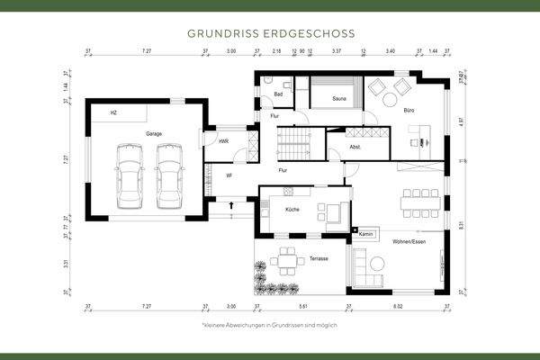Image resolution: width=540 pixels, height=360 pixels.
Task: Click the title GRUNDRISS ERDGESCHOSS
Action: point(270,32)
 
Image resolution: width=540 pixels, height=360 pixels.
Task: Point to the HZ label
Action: point(113,113)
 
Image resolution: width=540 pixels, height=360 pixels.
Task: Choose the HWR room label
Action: point(223,141)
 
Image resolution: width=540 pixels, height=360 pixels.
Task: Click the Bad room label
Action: point(279,94)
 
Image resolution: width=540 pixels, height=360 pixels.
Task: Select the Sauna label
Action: point(339,98)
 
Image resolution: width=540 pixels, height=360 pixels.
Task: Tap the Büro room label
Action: point(409,111)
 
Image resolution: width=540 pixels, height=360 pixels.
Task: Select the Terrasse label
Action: point(319,258)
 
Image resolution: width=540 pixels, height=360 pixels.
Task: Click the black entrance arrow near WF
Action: point(233,205)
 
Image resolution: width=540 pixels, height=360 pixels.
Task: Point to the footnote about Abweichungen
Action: point(269,324)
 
